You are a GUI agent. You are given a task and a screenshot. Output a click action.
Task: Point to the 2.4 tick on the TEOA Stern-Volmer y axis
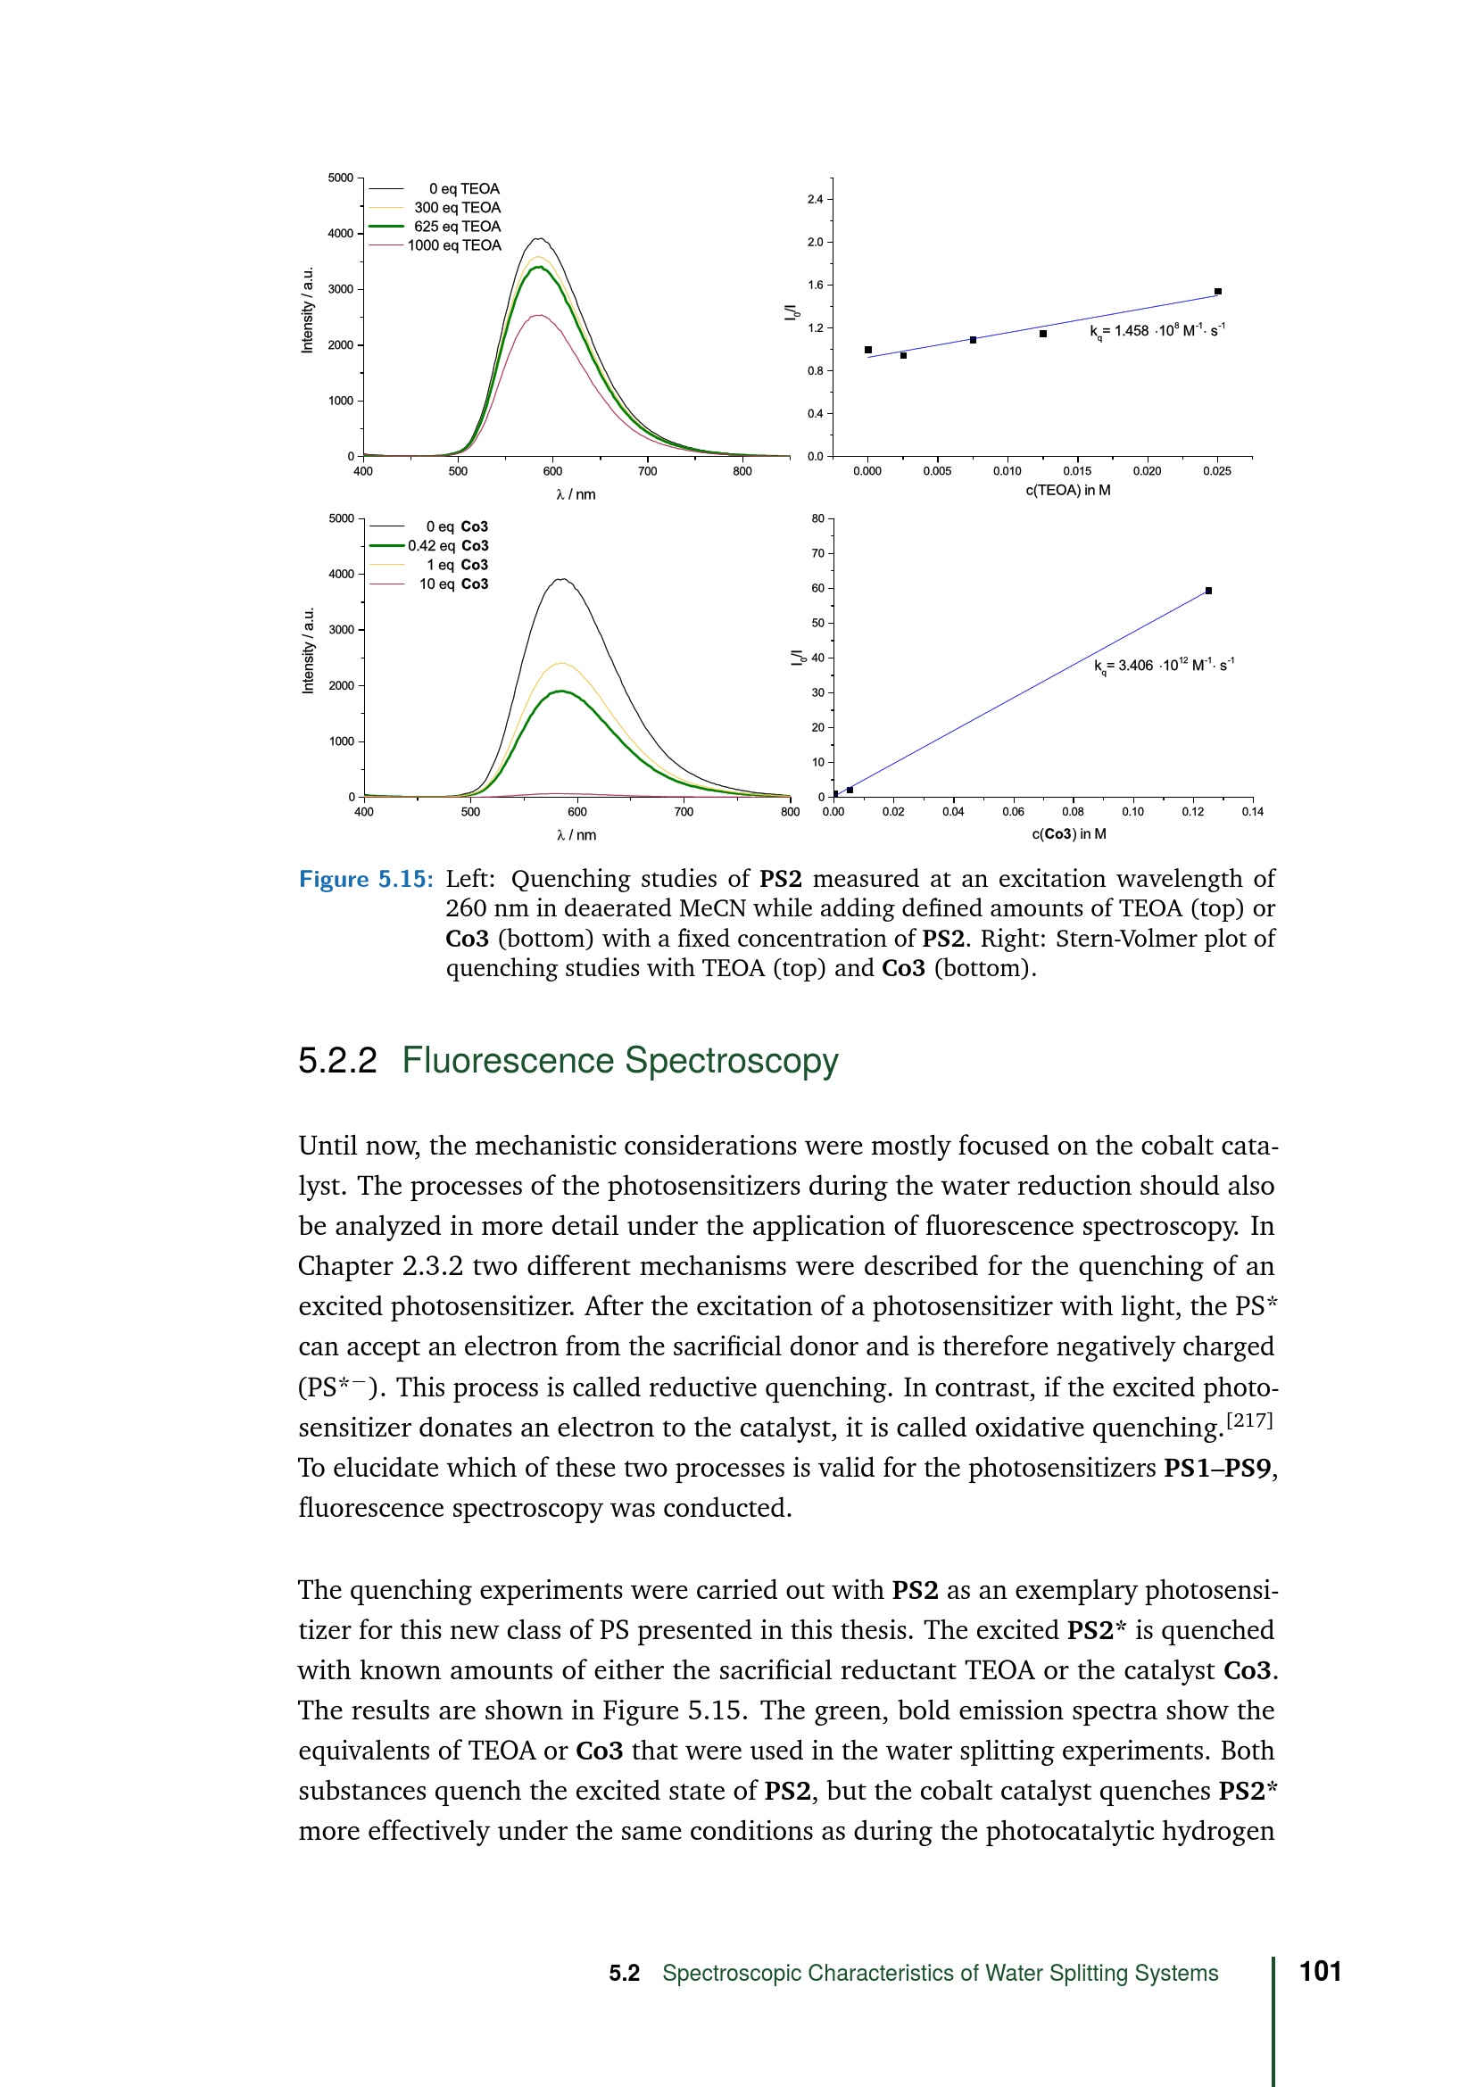816,199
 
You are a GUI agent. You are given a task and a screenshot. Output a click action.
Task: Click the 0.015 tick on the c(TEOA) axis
1077,471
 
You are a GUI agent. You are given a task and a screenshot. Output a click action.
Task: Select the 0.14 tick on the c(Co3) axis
1251,812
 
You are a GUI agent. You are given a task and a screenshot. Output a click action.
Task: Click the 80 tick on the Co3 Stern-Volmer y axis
818,519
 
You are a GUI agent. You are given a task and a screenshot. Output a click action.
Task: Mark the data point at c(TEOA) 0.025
1218,292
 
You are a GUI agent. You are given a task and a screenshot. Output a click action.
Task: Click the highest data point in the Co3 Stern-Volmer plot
1208,591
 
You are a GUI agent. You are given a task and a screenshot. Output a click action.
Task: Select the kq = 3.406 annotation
1164,666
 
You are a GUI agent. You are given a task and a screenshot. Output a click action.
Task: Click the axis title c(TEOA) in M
1068,491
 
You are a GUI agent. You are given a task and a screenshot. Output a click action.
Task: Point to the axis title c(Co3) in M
1069,833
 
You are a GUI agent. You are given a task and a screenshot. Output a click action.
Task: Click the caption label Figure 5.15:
366,879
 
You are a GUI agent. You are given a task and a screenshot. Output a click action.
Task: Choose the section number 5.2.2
337,1061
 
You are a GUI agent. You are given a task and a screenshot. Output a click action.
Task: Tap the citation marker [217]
1249,1419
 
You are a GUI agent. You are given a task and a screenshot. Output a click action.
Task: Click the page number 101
1321,1972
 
